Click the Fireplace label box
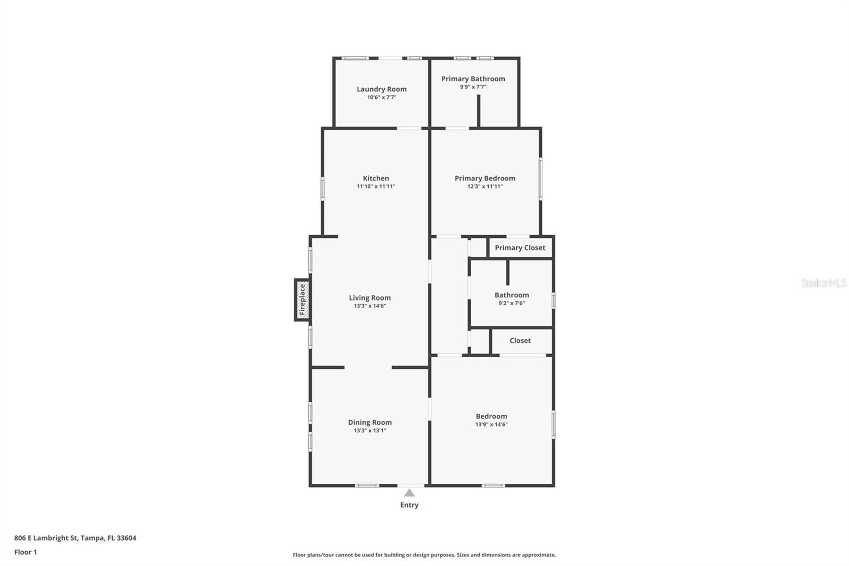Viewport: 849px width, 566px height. pos(302,299)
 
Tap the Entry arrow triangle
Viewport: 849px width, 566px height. pos(409,493)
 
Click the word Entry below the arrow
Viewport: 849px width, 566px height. pos(409,505)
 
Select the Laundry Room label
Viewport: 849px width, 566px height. pos(382,89)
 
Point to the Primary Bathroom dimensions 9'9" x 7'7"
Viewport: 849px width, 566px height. pos(473,87)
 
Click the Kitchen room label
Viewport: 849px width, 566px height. pos(376,178)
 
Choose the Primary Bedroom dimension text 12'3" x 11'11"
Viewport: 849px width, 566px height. pos(485,186)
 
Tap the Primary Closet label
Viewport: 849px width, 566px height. pos(520,248)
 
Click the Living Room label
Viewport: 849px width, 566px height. pos(370,298)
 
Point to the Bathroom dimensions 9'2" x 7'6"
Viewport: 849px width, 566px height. pos(512,303)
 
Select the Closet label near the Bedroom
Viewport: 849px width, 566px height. pos(520,341)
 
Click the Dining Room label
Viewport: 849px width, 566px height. pos(370,422)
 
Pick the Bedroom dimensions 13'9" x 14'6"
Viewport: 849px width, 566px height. pos(491,425)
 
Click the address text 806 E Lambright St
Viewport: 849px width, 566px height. pos(46,538)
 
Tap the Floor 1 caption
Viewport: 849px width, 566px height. pos(26,552)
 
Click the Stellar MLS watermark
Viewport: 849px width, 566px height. pos(824,282)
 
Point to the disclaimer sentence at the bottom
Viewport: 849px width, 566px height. pos(424,555)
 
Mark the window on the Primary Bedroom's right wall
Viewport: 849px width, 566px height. pos(541,179)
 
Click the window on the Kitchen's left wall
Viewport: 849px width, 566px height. pos(323,188)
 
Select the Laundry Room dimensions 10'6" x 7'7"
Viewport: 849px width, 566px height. pos(382,98)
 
